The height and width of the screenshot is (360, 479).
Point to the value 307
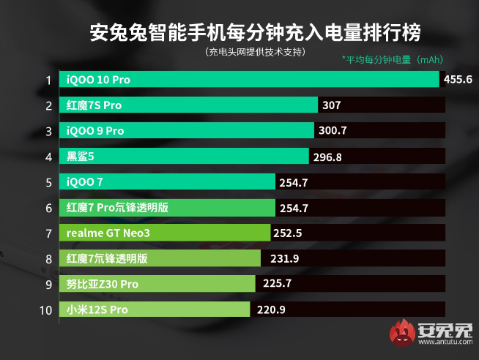(332, 105)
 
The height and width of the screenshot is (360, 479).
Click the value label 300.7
(333, 131)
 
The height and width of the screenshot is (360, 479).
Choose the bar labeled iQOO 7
(169, 182)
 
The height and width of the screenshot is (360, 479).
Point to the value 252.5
(287, 233)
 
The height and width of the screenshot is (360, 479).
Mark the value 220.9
(271, 310)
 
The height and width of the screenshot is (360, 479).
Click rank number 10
(45, 310)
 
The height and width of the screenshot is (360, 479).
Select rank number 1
(48, 80)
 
